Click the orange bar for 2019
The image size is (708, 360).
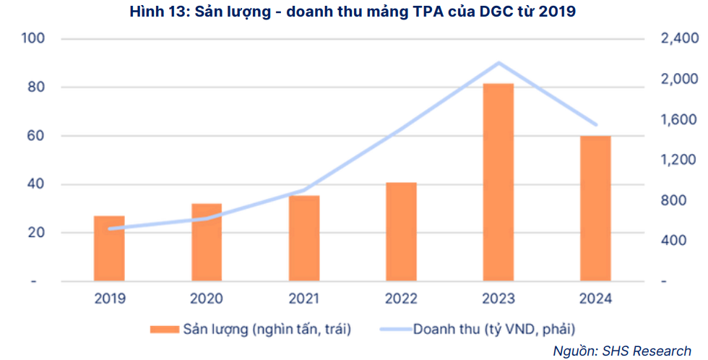pyautogui.click(x=109, y=248)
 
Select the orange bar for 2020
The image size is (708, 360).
pyautogui.click(x=207, y=242)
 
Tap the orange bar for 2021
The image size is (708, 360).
pyautogui.click(x=304, y=238)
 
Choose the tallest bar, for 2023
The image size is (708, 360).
pyautogui.click(x=498, y=182)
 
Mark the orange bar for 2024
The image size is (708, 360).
pyautogui.click(x=596, y=208)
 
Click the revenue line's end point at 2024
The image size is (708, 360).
pyautogui.click(x=596, y=124)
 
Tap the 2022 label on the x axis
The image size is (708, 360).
pyautogui.click(x=402, y=299)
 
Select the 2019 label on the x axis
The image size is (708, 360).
pyautogui.click(x=109, y=299)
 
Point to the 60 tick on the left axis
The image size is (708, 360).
pyautogui.click(x=36, y=136)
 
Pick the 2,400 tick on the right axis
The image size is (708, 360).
pyautogui.click(x=679, y=38)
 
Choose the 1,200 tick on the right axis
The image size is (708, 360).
pyautogui.click(x=679, y=160)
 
